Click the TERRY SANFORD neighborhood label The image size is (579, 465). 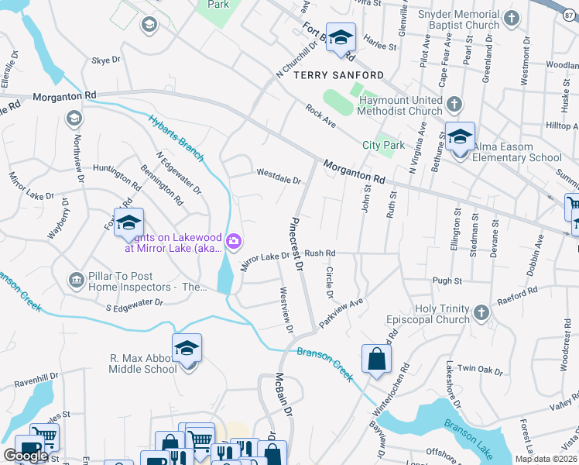[x=338, y=74]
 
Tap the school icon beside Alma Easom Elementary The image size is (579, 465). [x=460, y=138]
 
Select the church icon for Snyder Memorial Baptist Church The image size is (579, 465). [x=510, y=18]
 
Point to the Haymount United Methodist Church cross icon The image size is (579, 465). [x=455, y=103]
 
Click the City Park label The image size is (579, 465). [x=384, y=145]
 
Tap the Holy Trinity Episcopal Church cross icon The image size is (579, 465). [x=481, y=312]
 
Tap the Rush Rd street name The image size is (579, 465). [x=320, y=253]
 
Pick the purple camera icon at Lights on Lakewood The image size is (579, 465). [x=233, y=244]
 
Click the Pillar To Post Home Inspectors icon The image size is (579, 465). [x=76, y=279]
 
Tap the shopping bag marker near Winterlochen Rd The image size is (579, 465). [x=376, y=359]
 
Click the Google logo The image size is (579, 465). [x=25, y=456]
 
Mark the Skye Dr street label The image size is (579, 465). [x=106, y=59]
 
